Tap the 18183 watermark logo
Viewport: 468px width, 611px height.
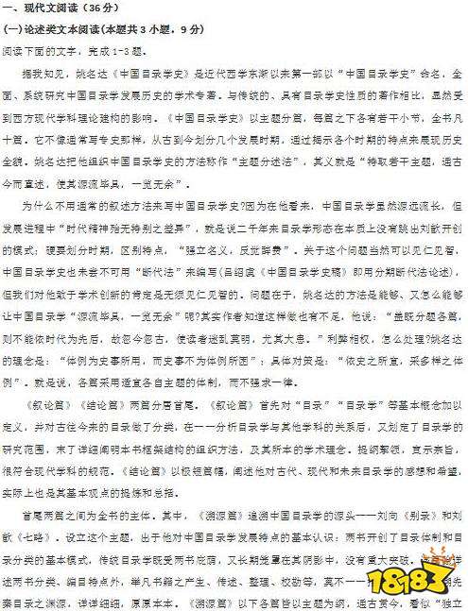[x=421, y=577]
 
